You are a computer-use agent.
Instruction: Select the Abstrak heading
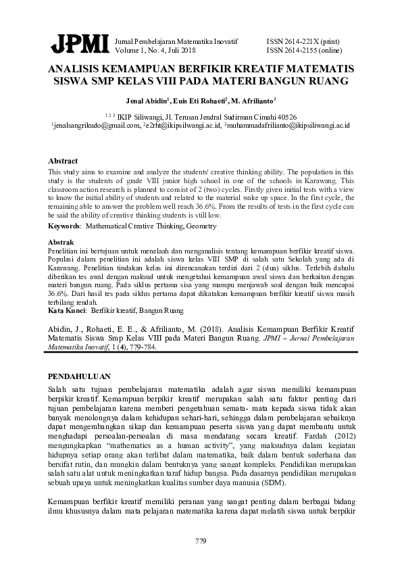[61, 241]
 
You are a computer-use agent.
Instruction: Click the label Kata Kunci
[67, 312]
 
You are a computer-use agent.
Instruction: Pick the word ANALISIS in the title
[79, 70]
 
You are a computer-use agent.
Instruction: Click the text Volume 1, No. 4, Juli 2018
[156, 50]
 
